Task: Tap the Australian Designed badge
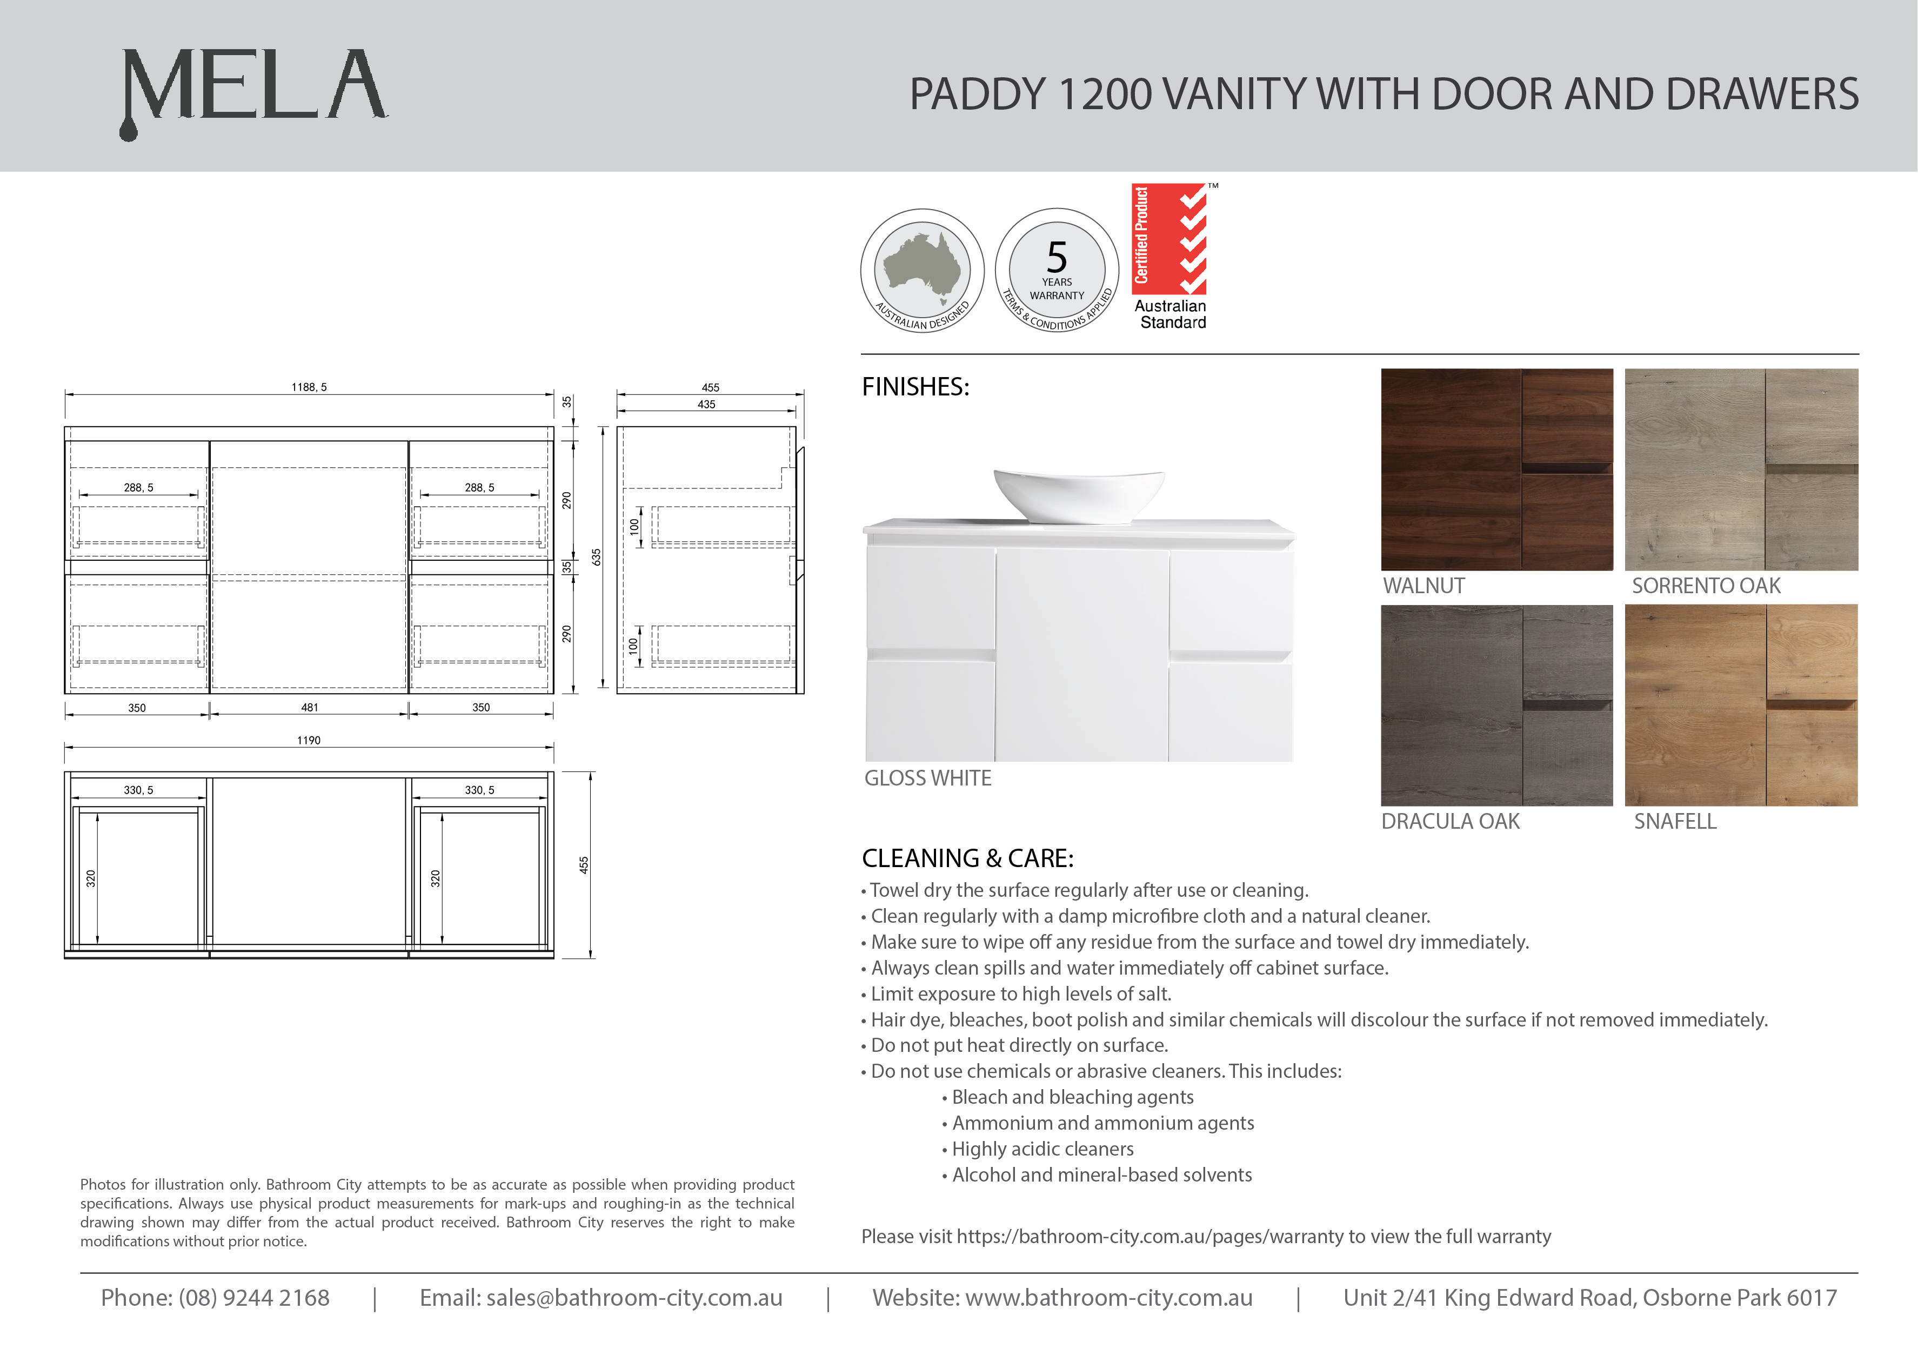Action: [x=922, y=271]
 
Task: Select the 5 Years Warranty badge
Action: [x=1057, y=271]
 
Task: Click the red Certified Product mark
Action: [x=1168, y=240]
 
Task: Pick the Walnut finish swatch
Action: [x=1496, y=469]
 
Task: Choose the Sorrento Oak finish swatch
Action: [x=1741, y=469]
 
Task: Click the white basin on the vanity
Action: [x=1079, y=495]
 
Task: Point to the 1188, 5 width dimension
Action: [x=309, y=387]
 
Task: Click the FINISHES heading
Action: [x=915, y=387]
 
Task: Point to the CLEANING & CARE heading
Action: [x=967, y=858]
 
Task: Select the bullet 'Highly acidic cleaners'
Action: [x=1042, y=1149]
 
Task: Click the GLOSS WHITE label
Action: [x=927, y=778]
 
